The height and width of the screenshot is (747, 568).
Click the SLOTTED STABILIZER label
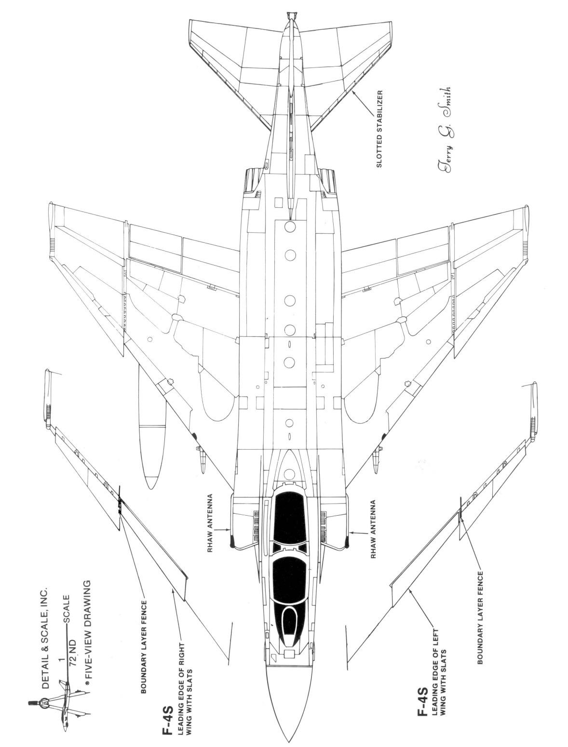380,128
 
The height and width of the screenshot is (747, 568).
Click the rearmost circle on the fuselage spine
290,226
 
